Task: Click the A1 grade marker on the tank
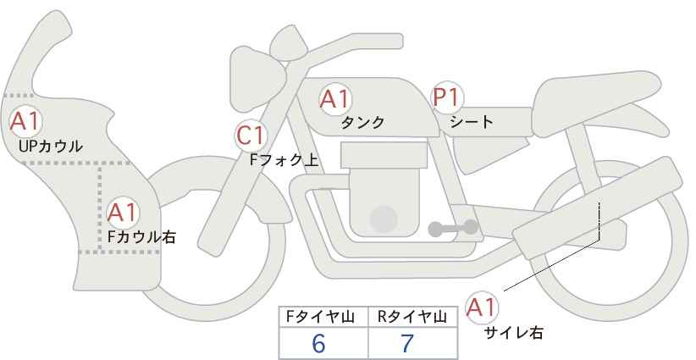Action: pos(335,99)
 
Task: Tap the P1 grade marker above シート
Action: pos(447,97)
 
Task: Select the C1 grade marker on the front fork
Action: pos(251,136)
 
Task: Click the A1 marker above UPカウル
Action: pos(25,121)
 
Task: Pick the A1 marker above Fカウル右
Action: pos(123,213)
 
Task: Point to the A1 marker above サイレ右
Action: pos(482,307)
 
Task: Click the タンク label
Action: pos(362,122)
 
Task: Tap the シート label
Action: pos(472,121)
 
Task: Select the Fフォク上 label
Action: pos(284,160)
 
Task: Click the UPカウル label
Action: pos(51,146)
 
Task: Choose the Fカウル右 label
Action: pos(141,236)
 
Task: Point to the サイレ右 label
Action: pos(514,333)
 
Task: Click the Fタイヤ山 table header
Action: pos(320,317)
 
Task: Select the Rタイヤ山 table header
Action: pos(412,317)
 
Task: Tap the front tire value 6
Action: pos(318,343)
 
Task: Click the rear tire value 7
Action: pos(407,343)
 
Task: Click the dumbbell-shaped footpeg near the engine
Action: pos(453,228)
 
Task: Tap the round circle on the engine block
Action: pos(384,219)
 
